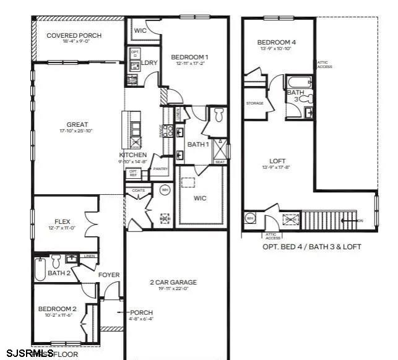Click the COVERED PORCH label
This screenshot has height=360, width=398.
pyautogui.click(x=74, y=36)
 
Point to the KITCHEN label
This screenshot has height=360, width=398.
pyautogui.click(x=133, y=155)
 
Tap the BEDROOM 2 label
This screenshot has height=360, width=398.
pyautogui.click(x=57, y=309)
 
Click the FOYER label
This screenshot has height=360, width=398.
pyautogui.click(x=109, y=275)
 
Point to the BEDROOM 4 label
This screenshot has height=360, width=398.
pyautogui.click(x=276, y=42)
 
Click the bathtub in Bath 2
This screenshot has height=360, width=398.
pyautogui.click(x=40, y=269)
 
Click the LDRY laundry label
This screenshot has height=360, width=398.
pyautogui.click(x=149, y=62)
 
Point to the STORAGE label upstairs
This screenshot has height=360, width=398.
pyautogui.click(x=254, y=103)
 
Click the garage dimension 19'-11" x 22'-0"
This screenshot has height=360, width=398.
pyautogui.click(x=173, y=289)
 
